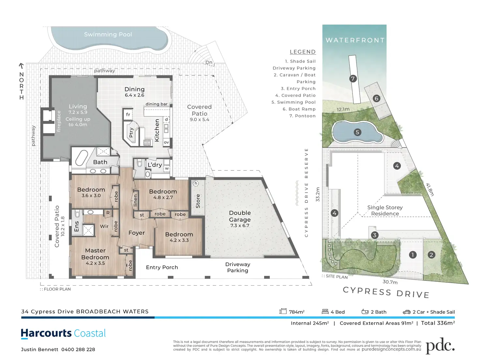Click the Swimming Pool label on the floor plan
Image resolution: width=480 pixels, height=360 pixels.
(x=108, y=35)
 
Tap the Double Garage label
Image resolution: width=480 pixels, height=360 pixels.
(x=240, y=216)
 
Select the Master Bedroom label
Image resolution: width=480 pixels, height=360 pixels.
(x=95, y=254)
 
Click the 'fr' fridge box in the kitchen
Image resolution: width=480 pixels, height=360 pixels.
(x=128, y=114)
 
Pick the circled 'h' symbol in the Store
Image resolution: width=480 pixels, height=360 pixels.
(x=196, y=183)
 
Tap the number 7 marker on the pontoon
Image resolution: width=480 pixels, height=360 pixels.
(x=353, y=79)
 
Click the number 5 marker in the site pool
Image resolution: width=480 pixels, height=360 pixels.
(x=357, y=132)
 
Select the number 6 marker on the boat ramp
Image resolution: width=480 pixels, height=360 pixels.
(x=376, y=98)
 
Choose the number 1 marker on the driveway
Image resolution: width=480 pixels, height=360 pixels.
(x=412, y=255)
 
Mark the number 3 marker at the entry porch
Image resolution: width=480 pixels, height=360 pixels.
(x=375, y=235)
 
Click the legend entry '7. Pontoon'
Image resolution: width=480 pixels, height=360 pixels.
(x=302, y=116)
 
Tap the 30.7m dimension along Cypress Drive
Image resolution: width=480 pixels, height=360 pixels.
(x=390, y=282)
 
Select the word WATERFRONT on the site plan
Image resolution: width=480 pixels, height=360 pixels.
(x=355, y=40)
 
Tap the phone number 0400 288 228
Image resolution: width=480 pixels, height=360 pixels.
(x=78, y=350)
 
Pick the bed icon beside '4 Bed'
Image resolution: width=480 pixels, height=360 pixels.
(x=325, y=311)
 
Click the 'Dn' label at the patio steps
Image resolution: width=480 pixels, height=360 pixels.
(x=209, y=62)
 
